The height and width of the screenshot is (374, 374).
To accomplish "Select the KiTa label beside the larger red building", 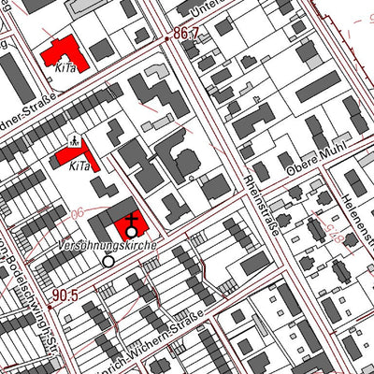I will pos(65,67).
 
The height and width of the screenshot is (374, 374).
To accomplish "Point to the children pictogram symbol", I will pos(74,137).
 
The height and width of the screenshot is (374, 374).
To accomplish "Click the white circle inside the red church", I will pos(132,231).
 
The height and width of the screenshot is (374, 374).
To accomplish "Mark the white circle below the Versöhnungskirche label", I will pos(108,262).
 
